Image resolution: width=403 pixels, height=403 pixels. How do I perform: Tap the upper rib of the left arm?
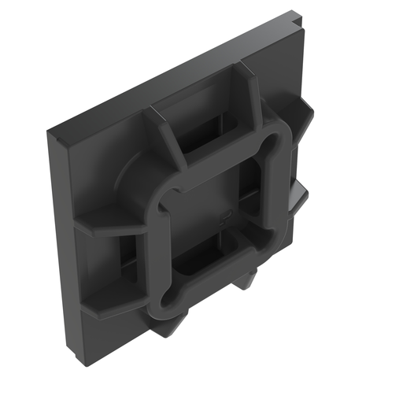(110, 224)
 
